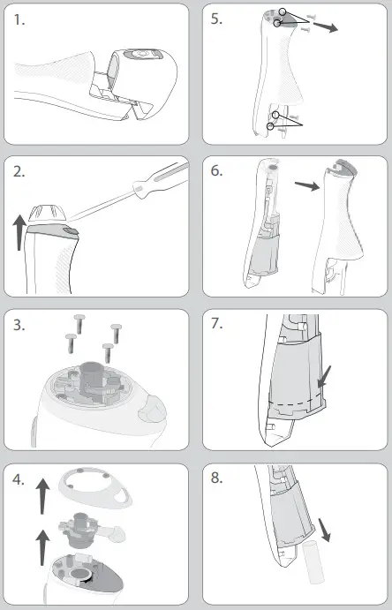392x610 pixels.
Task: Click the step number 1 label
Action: [19, 19]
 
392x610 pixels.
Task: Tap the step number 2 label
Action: [19, 172]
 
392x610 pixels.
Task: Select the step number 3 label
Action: [19, 325]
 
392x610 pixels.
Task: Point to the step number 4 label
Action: [19, 479]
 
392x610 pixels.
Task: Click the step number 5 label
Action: [216, 19]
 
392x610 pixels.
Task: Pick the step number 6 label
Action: [216, 170]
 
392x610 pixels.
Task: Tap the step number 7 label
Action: [216, 323]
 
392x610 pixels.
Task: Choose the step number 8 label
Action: [216, 478]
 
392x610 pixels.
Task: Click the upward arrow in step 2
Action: [19, 233]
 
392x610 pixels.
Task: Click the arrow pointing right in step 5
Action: [326, 26]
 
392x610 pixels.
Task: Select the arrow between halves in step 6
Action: [307, 186]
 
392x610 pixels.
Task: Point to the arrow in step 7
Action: [324, 377]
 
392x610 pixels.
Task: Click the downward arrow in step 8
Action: [324, 531]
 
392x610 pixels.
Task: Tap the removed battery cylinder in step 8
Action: [313, 563]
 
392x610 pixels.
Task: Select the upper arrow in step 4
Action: [42, 496]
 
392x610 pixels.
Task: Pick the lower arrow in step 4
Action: [42, 548]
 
